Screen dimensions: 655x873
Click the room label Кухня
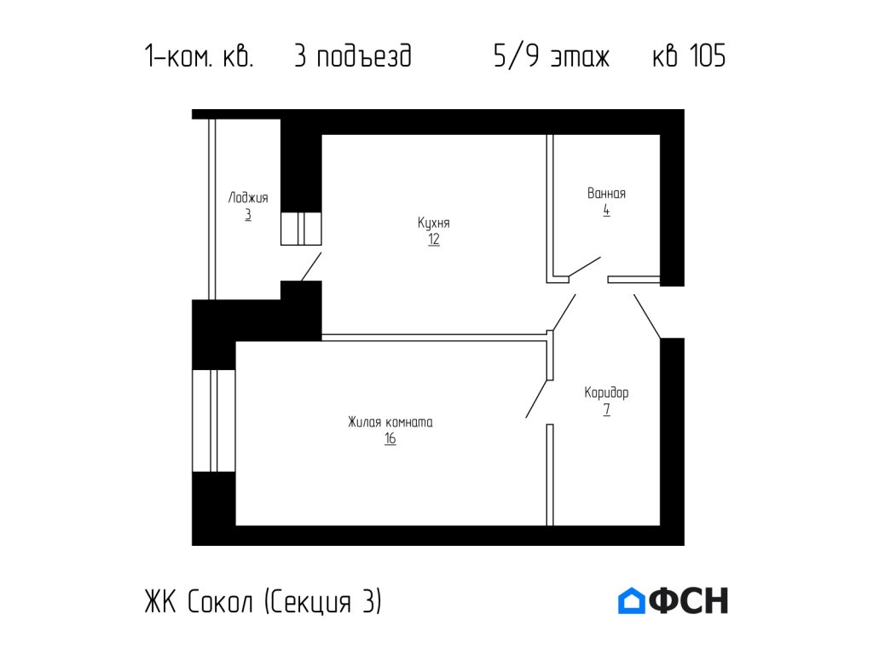[433, 223]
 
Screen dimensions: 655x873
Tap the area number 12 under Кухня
[434, 240]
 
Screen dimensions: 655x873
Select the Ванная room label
[606, 194]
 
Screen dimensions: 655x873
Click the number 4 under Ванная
[606, 210]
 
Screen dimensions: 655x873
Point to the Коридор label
[606, 393]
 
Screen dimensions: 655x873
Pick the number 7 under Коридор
[606, 410]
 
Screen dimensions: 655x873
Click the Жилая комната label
[390, 422]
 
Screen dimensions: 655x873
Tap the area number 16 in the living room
[390, 439]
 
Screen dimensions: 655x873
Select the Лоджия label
[248, 198]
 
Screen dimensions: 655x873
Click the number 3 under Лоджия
[248, 214]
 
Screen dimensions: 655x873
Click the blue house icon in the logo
[631, 601]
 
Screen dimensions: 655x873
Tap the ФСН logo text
[689, 601]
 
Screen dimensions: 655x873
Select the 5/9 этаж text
[551, 57]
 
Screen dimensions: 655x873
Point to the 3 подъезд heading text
[352, 57]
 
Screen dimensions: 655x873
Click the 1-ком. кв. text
[199, 57]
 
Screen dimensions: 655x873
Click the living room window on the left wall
[213, 420]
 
